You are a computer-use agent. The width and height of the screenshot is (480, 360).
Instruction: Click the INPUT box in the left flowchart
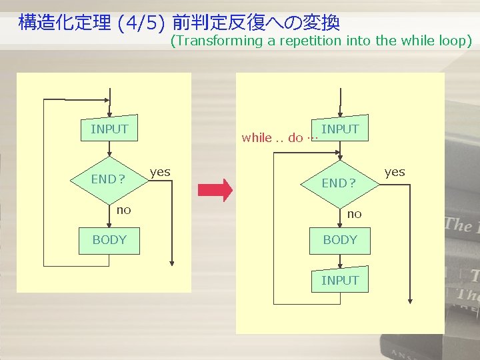click(109, 129)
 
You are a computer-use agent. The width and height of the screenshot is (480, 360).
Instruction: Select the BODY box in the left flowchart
click(109, 240)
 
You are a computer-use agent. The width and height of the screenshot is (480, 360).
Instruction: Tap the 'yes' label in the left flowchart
click(160, 172)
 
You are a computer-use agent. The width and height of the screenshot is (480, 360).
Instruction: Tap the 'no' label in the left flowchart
click(124, 210)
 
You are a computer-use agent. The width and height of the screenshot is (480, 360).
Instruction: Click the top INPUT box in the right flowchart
click(340, 129)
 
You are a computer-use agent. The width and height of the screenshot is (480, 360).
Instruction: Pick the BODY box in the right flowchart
click(340, 240)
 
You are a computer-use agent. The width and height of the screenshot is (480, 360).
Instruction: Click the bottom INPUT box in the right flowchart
click(340, 281)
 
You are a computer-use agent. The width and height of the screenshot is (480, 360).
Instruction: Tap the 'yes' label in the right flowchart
click(395, 172)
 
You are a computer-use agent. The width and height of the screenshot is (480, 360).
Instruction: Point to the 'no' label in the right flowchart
click(354, 214)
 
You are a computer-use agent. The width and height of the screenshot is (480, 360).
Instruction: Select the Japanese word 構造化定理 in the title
click(64, 23)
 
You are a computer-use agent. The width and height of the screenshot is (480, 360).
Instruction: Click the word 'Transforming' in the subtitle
click(217, 41)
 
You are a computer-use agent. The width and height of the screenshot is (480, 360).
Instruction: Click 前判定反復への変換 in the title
click(256, 23)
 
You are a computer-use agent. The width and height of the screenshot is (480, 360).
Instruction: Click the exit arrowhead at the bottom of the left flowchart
click(172, 263)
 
